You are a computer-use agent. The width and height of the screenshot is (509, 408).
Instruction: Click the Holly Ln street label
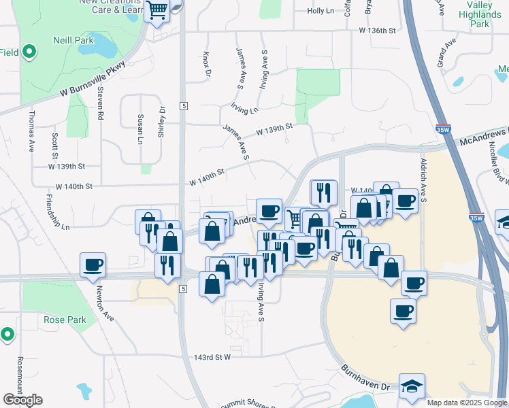pyautogui.click(x=321, y=12)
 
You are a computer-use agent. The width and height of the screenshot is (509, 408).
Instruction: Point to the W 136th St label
pyautogui.click(x=378, y=31)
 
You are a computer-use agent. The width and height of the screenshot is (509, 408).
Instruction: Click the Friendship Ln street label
pyautogui.click(x=57, y=211)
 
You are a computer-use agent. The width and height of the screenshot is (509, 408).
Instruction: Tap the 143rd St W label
pyautogui.click(x=212, y=356)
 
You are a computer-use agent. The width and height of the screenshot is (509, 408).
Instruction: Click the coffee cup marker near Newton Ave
pyautogui.click(x=93, y=265)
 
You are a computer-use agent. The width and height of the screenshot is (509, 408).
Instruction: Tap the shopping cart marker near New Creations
pyautogui.click(x=157, y=12)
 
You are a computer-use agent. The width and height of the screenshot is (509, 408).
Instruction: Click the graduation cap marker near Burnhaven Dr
pyautogui.click(x=412, y=386)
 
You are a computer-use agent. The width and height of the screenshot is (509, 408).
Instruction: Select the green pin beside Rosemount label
pyautogui.click(x=7, y=334)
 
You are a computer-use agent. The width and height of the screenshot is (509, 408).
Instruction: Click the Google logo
pyautogui.click(x=22, y=399)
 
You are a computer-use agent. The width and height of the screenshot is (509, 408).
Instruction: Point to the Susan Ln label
pyautogui.click(x=141, y=129)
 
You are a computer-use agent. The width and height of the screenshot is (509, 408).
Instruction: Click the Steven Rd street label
pyautogui.click(x=99, y=103)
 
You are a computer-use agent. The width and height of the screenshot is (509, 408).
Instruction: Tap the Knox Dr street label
pyautogui.click(x=207, y=63)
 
